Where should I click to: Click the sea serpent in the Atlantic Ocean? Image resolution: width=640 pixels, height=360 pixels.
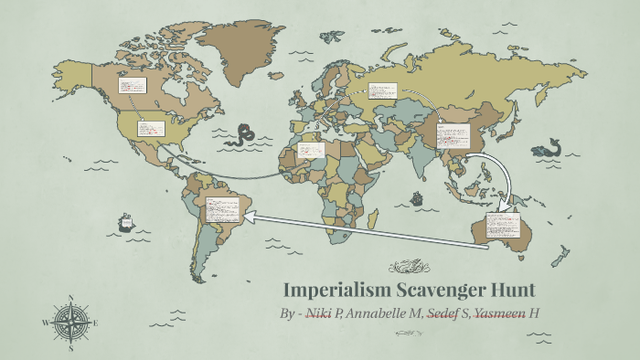coord(243,135)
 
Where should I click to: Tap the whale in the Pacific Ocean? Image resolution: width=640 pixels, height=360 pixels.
coord(548,147)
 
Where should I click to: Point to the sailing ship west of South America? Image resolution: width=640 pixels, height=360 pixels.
coord(126,222)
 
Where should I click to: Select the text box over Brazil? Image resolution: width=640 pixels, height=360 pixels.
coord(222,209)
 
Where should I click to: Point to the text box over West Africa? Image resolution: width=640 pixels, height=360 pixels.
coord(311,150)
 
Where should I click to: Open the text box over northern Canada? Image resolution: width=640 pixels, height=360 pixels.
coord(133,85)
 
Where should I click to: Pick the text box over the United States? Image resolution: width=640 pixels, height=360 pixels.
coord(150,128)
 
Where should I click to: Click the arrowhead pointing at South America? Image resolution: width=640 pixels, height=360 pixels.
coord(249,217)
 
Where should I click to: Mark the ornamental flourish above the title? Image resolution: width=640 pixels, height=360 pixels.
coord(409,267)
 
